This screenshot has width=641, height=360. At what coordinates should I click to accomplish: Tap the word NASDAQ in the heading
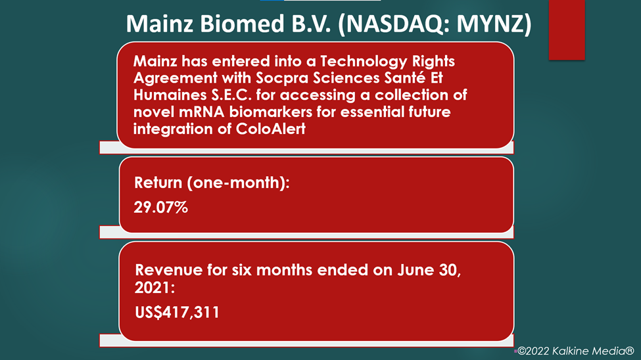(x=394, y=24)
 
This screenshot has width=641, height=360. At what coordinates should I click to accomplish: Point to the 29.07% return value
(x=160, y=208)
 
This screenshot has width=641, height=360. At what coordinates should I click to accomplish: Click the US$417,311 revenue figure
(x=177, y=313)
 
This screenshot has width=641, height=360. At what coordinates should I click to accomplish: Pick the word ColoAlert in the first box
(x=271, y=129)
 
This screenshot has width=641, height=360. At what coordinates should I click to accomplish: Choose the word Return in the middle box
(x=158, y=183)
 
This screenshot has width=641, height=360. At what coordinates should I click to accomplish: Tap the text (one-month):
(x=239, y=183)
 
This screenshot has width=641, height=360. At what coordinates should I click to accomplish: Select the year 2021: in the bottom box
(x=154, y=288)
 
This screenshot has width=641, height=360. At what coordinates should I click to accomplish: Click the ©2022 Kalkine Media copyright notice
(x=576, y=351)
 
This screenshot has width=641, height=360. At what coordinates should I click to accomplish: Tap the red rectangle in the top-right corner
(x=567, y=30)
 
